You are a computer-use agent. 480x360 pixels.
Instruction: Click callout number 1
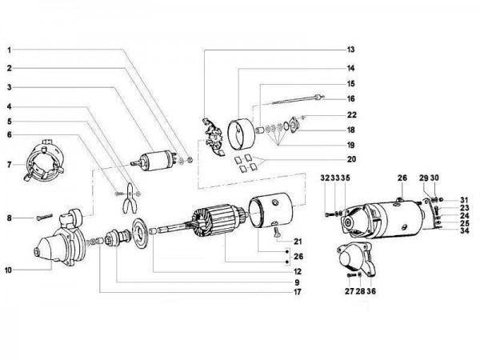point(10,49)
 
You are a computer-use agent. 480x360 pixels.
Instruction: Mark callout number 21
point(298,241)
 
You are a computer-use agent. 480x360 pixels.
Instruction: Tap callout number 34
point(464,233)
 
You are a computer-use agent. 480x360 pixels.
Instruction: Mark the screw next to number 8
point(42,216)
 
